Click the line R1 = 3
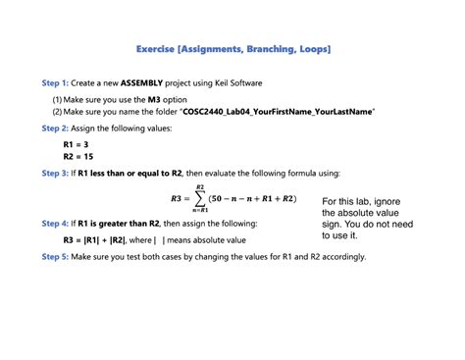(x=77, y=144)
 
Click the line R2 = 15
(x=79, y=156)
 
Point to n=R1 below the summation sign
(x=200, y=211)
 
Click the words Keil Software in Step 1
(x=236, y=83)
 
